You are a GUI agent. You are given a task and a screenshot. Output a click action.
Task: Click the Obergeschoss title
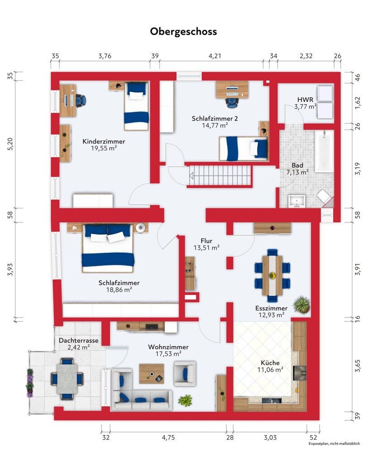183,32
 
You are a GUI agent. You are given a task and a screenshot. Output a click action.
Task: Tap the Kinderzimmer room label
104,141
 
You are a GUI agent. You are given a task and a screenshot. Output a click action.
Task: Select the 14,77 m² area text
215,125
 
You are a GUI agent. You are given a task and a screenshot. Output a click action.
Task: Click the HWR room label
305,100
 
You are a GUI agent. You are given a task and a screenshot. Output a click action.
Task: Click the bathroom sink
296,202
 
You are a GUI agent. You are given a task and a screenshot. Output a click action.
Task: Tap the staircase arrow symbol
191,176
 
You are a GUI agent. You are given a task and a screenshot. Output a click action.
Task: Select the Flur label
207,241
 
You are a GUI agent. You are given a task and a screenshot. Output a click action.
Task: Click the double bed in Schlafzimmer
108,248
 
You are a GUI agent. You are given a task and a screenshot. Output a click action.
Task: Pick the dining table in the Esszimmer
272,275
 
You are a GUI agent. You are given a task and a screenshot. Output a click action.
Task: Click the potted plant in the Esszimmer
301,304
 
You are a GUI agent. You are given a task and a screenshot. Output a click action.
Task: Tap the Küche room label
270,363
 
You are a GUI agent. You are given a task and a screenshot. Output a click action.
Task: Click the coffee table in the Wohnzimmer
152,374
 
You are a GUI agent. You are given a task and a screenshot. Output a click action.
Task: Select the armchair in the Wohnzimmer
185,374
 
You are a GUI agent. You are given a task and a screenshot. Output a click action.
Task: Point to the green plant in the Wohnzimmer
185,400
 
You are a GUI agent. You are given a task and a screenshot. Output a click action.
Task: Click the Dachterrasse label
78,340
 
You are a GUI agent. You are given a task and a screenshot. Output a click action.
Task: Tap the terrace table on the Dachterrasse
67,378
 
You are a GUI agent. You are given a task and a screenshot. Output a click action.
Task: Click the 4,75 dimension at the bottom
168,438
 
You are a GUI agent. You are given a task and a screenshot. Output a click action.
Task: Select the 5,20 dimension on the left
10,144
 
